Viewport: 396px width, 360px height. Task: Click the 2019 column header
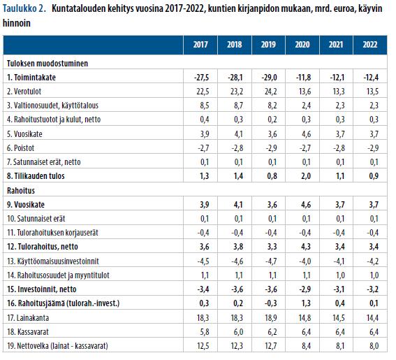[x=268, y=45]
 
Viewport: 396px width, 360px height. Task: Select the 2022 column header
[x=370, y=45]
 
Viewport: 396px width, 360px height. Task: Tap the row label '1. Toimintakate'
[x=31, y=78]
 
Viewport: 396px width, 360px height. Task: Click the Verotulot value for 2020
[x=305, y=92]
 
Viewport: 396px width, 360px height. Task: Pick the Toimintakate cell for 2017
[x=201, y=78]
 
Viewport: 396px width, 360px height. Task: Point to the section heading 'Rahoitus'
[x=21, y=190]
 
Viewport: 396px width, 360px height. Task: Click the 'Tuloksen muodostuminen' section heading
[x=47, y=63]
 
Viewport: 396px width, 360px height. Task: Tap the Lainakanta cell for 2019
[x=271, y=318]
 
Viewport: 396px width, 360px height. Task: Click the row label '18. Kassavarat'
[x=28, y=332]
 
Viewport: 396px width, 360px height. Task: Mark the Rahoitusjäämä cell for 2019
[x=270, y=303]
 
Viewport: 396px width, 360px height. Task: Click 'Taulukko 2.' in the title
[x=24, y=9]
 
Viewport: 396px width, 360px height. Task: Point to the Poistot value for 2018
[x=237, y=148]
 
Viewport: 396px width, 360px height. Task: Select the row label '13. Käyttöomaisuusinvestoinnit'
[x=53, y=261]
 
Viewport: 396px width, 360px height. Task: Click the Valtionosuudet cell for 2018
[x=239, y=106]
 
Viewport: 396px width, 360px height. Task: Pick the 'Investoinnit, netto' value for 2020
[x=304, y=289]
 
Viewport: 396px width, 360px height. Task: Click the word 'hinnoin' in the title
[x=17, y=23]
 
